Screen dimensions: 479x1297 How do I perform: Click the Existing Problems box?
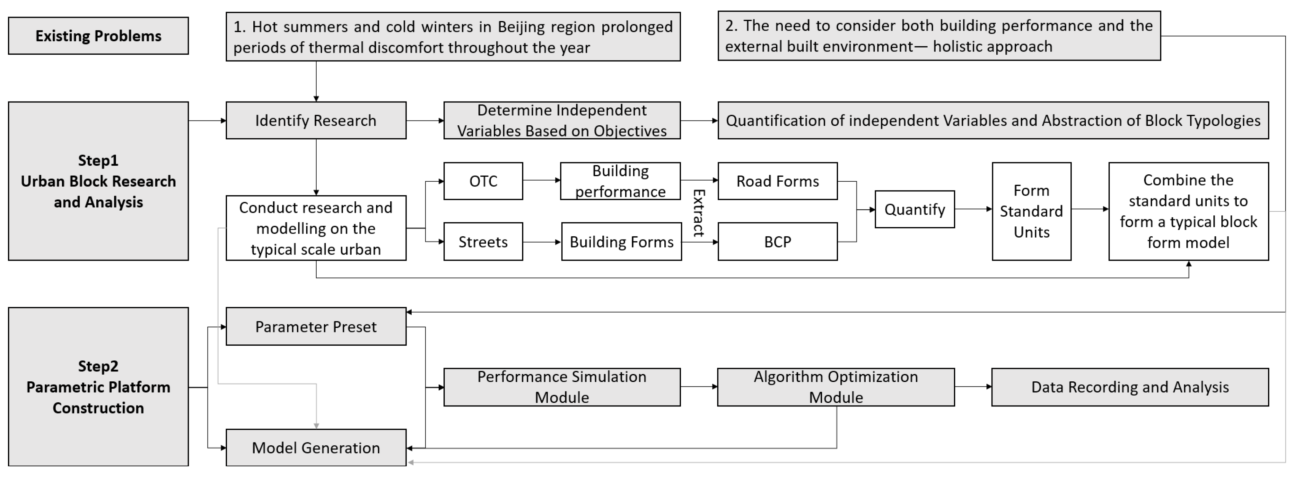(98, 36)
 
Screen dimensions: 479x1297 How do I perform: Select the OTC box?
(483, 181)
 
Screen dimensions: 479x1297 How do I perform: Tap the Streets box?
(483, 242)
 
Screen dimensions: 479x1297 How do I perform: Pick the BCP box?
(777, 242)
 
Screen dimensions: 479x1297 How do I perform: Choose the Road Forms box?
(777, 181)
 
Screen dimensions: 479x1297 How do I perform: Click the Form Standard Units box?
(1031, 212)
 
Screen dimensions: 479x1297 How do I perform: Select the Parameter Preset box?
(316, 327)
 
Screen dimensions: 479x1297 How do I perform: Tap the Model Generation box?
(316, 448)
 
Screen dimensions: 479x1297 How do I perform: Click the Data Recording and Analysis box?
(1130, 387)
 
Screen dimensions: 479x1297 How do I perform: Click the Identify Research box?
(316, 120)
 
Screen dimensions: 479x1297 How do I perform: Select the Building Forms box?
(621, 242)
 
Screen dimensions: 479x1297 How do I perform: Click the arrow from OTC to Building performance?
(541, 180)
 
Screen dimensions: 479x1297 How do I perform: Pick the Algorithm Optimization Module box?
(836, 387)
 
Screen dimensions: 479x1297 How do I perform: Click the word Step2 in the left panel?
(98, 366)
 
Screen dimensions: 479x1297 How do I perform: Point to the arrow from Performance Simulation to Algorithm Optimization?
(698, 386)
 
